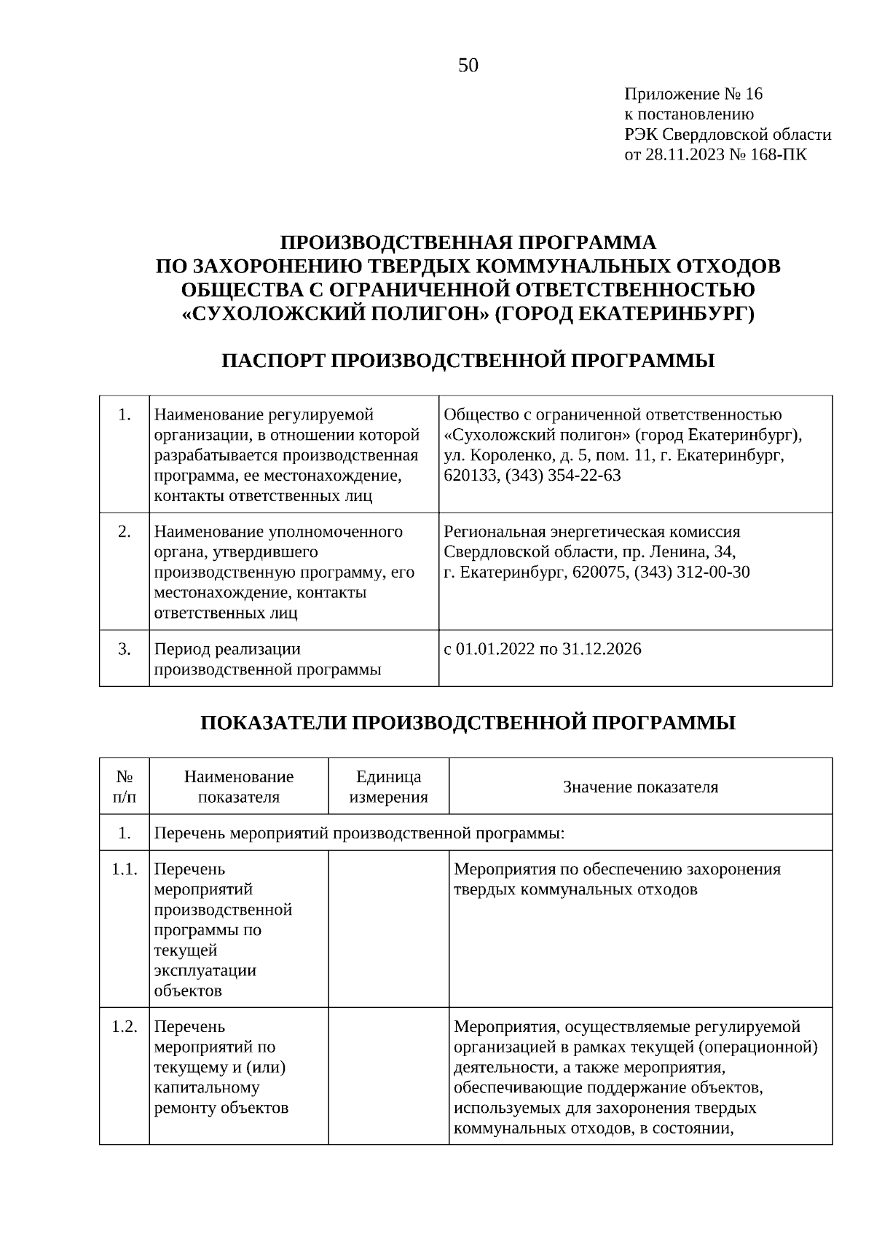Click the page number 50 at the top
tap(468, 66)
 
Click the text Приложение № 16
tap(693, 94)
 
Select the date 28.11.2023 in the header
tap(683, 154)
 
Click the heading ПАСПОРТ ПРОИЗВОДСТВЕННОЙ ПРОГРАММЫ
tap(468, 361)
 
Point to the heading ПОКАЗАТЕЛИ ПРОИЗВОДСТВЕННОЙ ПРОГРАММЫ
tap(468, 723)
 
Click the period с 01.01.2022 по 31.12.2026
tap(543, 648)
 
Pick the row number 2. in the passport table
tap(125, 532)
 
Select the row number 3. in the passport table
tap(125, 648)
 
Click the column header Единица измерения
tap(388, 787)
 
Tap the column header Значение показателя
tap(640, 787)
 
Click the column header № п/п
tap(125, 787)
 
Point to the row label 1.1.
tap(125, 869)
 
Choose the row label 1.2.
tap(125, 1026)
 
